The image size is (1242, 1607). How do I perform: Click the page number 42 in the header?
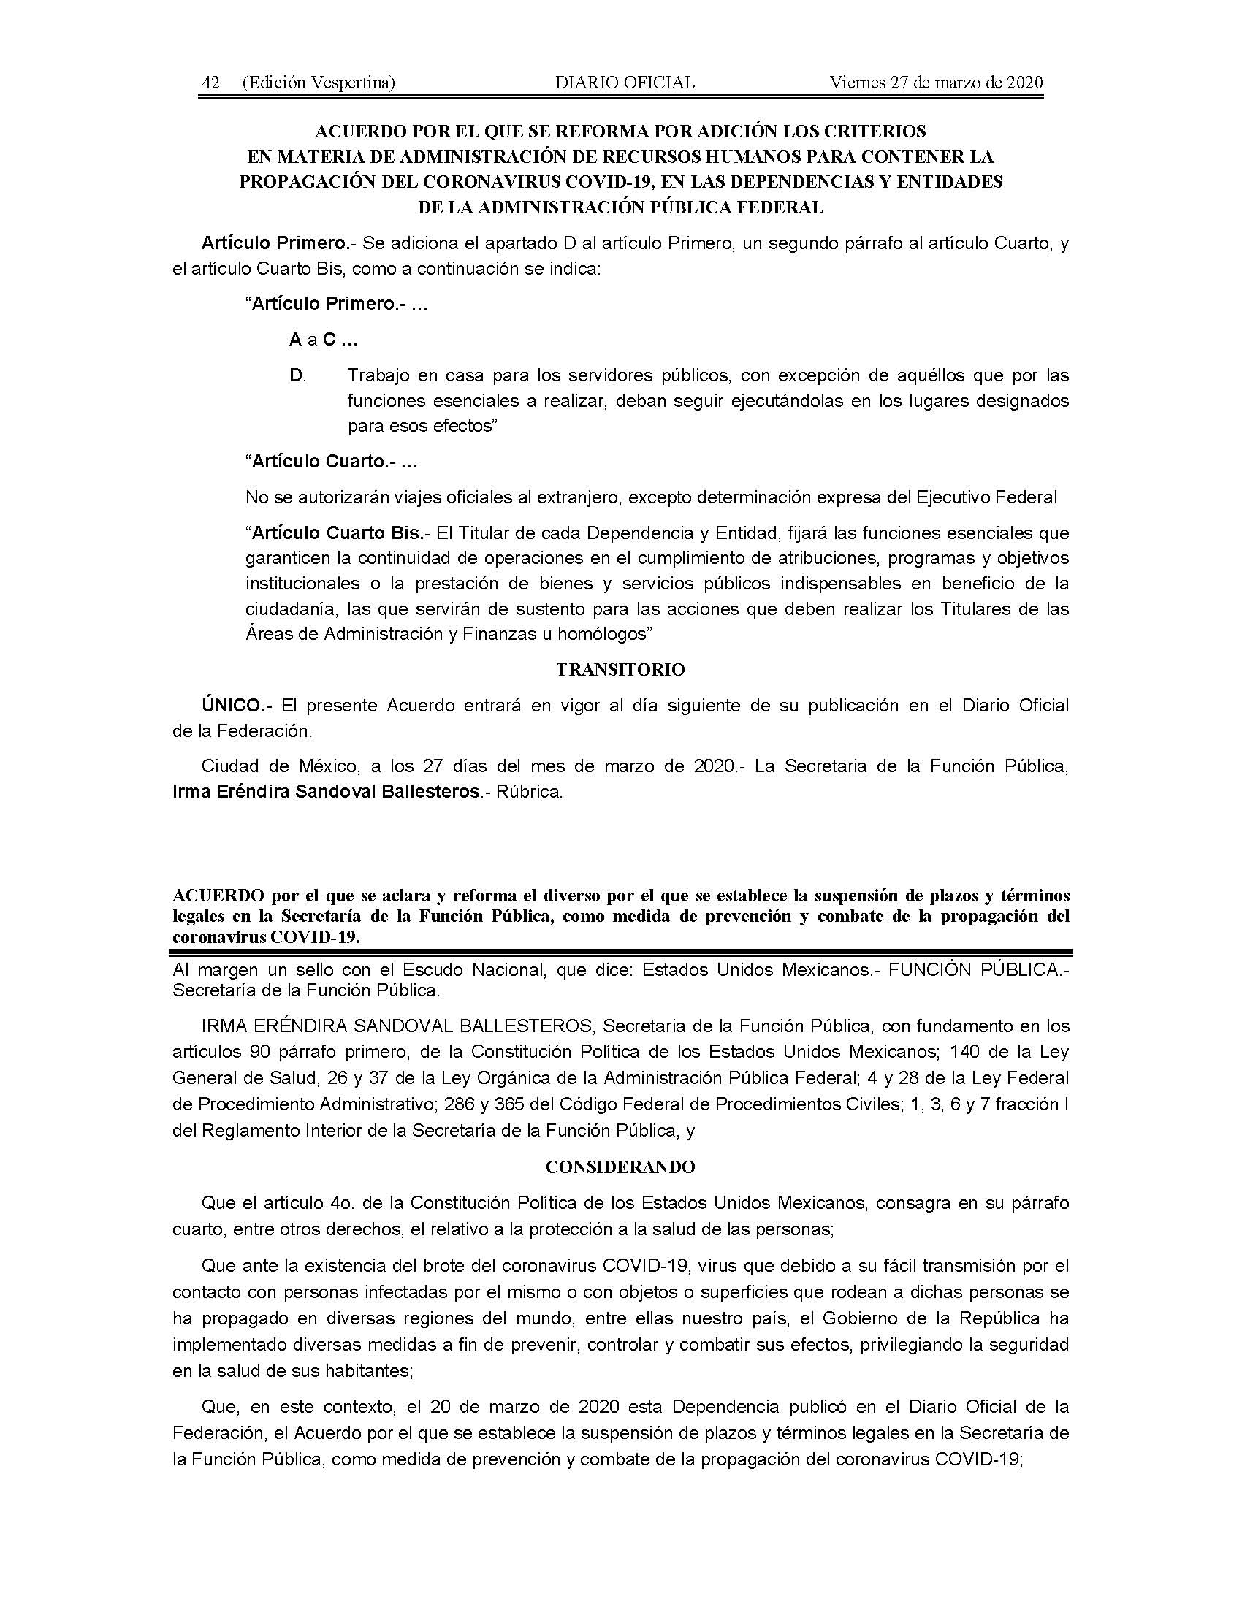(211, 83)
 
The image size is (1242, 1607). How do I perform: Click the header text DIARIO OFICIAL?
(625, 83)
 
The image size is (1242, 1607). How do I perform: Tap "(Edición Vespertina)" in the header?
(319, 83)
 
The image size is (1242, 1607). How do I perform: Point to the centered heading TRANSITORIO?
(620, 670)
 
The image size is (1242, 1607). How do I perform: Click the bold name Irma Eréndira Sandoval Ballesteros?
(326, 793)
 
